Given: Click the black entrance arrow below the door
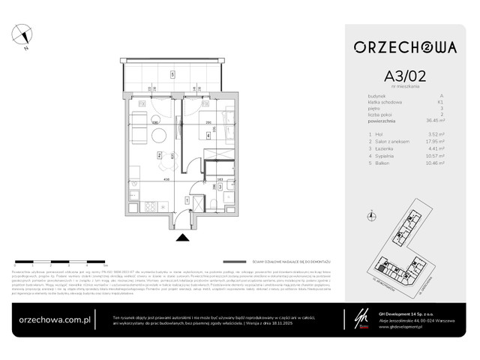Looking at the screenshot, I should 181,238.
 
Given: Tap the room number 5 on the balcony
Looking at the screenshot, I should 172,74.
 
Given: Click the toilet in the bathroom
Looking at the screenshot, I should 214,202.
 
